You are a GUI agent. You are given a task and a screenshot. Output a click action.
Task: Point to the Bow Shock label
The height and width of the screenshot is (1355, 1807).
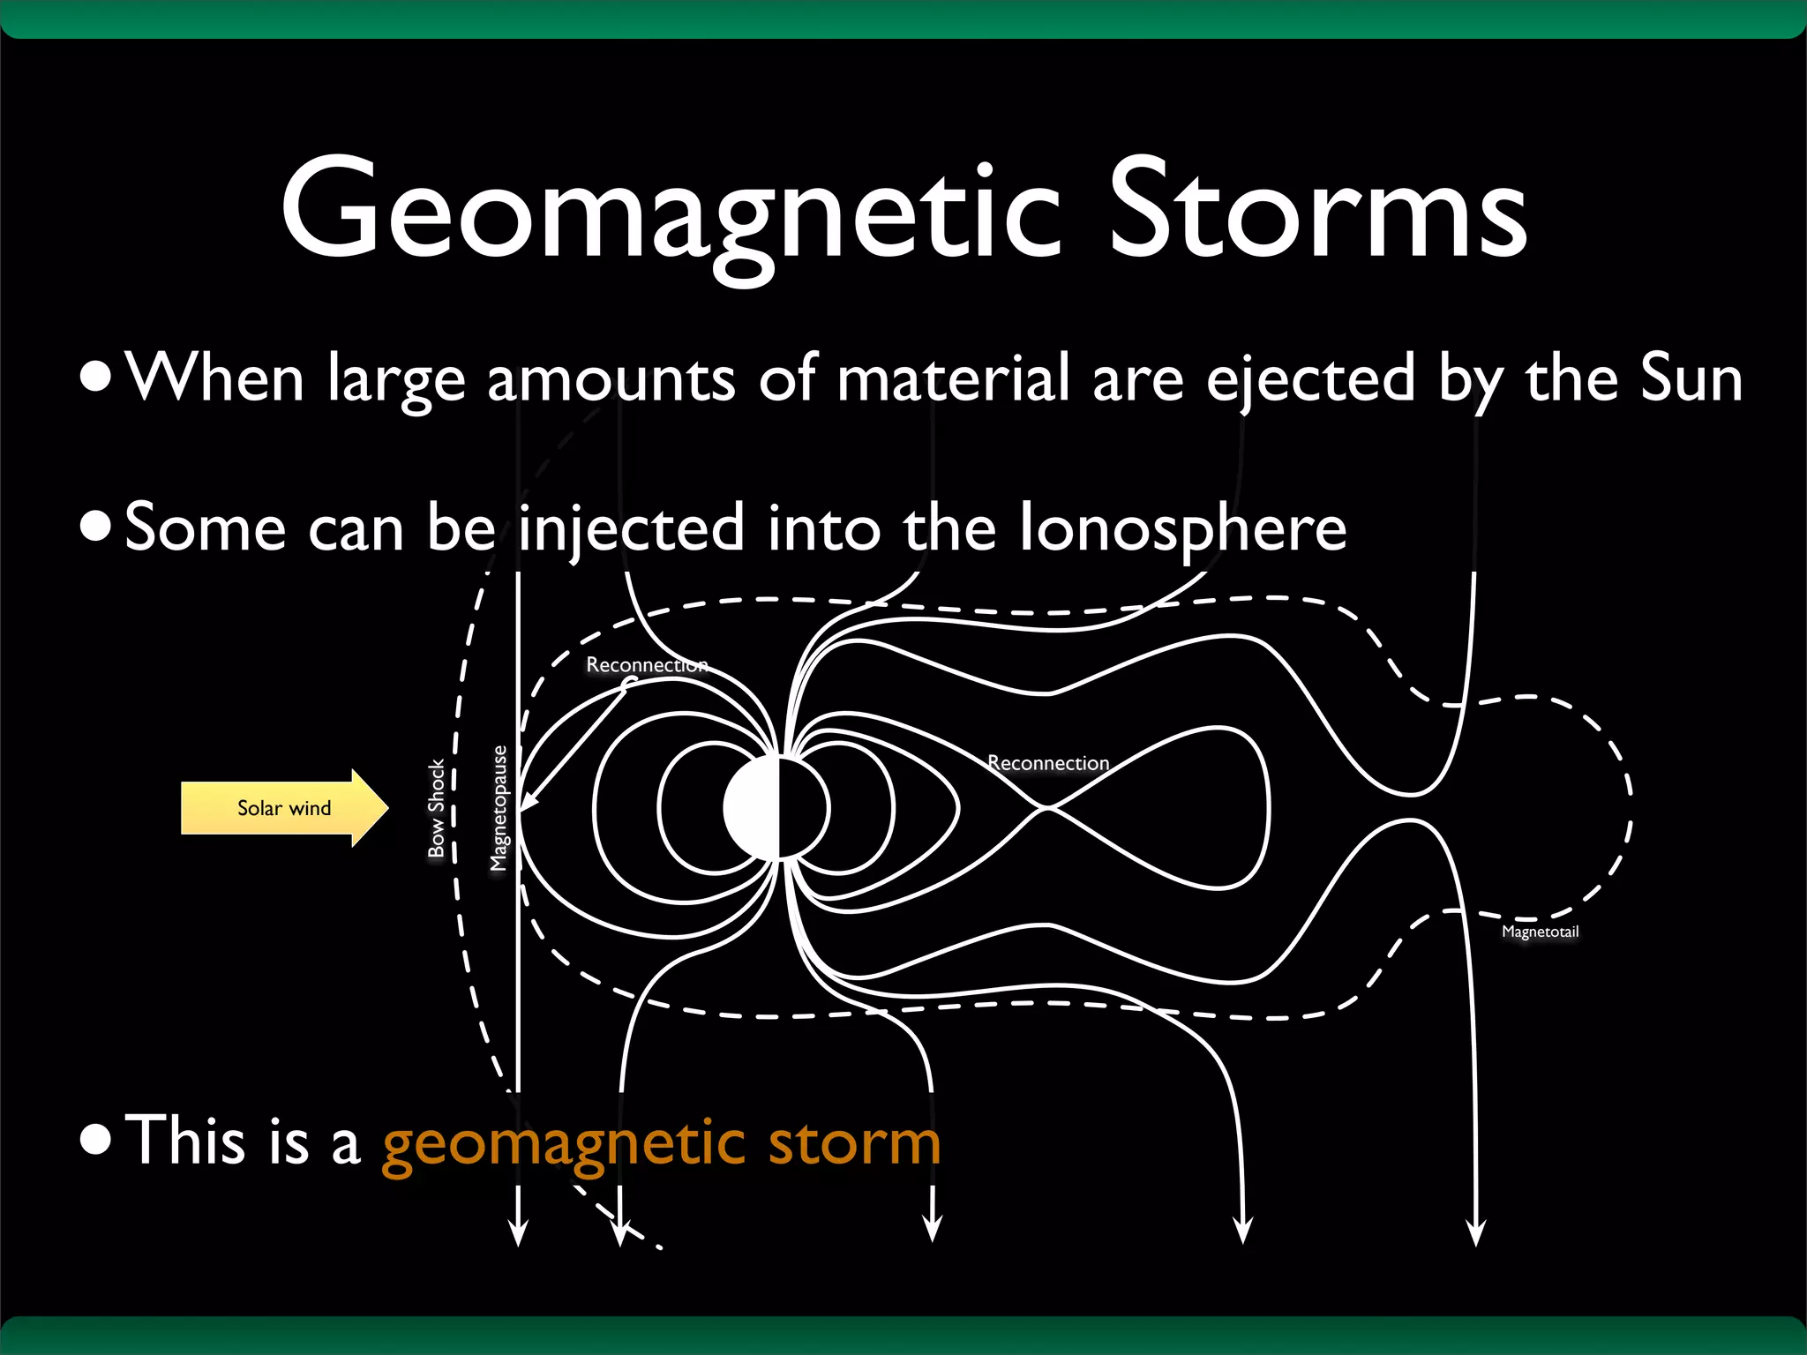click(436, 808)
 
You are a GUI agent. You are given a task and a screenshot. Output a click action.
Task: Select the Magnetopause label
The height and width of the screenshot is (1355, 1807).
click(499, 808)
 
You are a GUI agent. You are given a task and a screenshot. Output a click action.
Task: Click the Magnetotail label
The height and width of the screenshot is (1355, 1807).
click(1540, 932)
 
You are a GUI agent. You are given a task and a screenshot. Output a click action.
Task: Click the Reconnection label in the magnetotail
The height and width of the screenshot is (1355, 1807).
click(1048, 763)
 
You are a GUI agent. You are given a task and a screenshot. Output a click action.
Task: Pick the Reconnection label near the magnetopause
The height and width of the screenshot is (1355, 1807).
click(647, 664)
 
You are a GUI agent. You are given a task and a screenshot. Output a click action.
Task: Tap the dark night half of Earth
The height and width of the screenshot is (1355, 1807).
click(802, 808)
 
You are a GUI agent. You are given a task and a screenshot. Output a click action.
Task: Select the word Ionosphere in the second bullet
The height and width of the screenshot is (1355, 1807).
click(1183, 528)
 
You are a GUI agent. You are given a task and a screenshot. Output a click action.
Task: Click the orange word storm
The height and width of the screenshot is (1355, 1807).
click(854, 1142)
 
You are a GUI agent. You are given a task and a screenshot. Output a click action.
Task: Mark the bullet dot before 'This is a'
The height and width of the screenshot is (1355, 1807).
click(95, 1139)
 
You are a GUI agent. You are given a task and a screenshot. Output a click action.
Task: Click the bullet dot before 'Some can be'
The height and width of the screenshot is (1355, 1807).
click(95, 527)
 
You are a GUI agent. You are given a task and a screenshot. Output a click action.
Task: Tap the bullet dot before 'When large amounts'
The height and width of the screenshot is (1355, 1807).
click(95, 377)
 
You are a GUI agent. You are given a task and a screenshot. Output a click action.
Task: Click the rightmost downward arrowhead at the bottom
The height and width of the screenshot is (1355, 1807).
click(1475, 1233)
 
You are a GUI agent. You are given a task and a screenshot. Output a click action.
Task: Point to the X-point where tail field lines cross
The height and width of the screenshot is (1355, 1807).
click(1046, 807)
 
